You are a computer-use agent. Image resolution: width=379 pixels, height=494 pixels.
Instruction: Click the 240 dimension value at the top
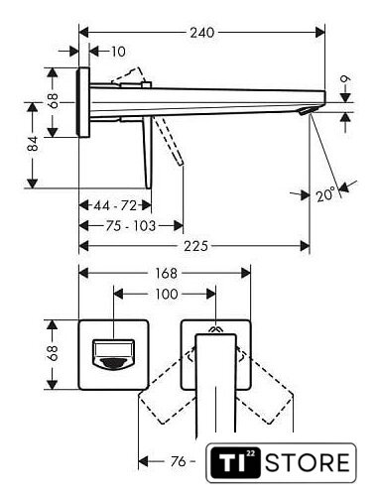[x=202, y=33]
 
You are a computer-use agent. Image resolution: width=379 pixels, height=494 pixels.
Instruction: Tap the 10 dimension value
[x=118, y=52]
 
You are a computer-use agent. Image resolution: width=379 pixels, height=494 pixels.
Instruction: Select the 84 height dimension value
[x=33, y=144]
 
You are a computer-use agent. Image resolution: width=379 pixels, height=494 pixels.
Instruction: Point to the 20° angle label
[x=325, y=194]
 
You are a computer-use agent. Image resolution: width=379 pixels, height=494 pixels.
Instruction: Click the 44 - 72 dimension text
[x=115, y=205]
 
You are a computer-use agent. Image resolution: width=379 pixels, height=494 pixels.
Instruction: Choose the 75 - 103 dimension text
[x=130, y=226]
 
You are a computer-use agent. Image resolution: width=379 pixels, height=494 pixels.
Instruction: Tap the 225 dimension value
[x=196, y=246]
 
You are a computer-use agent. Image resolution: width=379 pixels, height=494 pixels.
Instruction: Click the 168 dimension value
[x=167, y=273]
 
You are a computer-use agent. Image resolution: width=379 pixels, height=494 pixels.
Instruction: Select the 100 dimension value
[x=167, y=294]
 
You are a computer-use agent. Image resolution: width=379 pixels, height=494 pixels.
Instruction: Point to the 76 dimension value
[x=178, y=461]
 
